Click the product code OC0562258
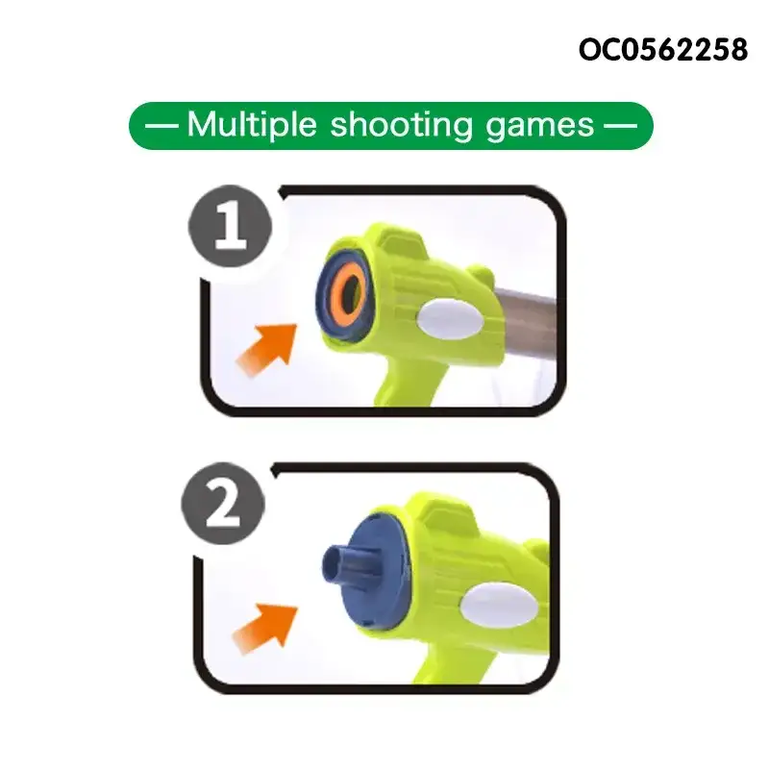coord(663,50)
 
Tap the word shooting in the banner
coord(401,126)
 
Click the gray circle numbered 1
coord(230,226)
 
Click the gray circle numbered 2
coord(223,503)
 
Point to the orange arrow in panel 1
coord(267,349)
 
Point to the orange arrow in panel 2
coord(265,630)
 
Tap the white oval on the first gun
coord(450,319)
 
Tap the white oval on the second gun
coord(499,606)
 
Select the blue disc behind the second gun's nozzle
coord(378,571)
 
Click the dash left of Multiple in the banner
coord(161,126)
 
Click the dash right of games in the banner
coord(620,126)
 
